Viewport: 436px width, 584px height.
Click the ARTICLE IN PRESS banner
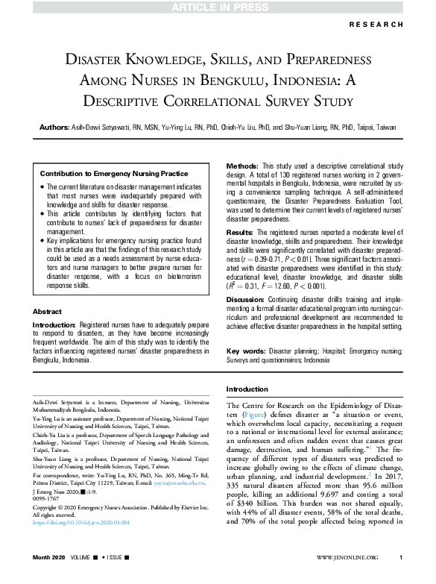pyautogui.click(x=218, y=7)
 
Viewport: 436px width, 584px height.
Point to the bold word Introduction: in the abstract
pyautogui.click(x=58, y=326)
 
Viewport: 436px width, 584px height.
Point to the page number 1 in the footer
pyautogui.click(x=401, y=578)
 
